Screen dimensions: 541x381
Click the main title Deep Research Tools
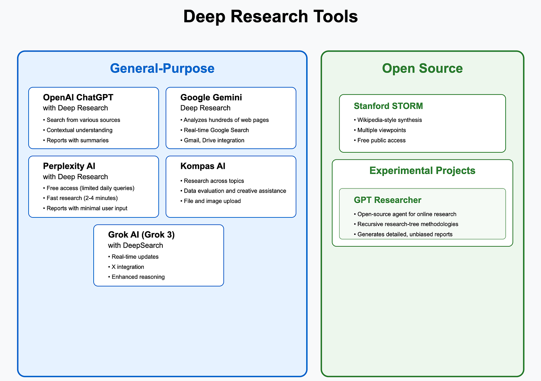[x=270, y=16]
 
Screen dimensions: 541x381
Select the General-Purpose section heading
[x=162, y=68]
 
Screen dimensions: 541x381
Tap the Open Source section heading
[x=422, y=68]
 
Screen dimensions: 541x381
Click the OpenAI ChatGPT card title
[x=78, y=97]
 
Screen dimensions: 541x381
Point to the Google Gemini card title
[x=211, y=97]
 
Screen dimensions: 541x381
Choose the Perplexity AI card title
[x=69, y=166]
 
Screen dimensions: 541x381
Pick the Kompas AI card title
[x=203, y=166]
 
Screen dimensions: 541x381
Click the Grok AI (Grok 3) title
[x=141, y=235]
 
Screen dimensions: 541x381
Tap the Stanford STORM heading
[x=388, y=106]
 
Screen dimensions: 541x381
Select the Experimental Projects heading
[x=422, y=171]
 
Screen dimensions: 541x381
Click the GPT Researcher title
[x=388, y=200]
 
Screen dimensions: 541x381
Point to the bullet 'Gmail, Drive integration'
[x=213, y=141]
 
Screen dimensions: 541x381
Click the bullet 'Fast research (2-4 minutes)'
[x=80, y=198]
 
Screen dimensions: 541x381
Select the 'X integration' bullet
[x=126, y=267]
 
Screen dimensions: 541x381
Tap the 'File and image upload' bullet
[x=211, y=201]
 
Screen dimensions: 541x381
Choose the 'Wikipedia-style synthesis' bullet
[x=388, y=120]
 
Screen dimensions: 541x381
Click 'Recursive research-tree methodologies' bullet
[x=406, y=224]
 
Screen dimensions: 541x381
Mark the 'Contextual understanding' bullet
[x=78, y=130]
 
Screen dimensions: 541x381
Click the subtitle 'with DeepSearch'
[x=136, y=245]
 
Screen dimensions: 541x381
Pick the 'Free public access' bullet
[x=380, y=141]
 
